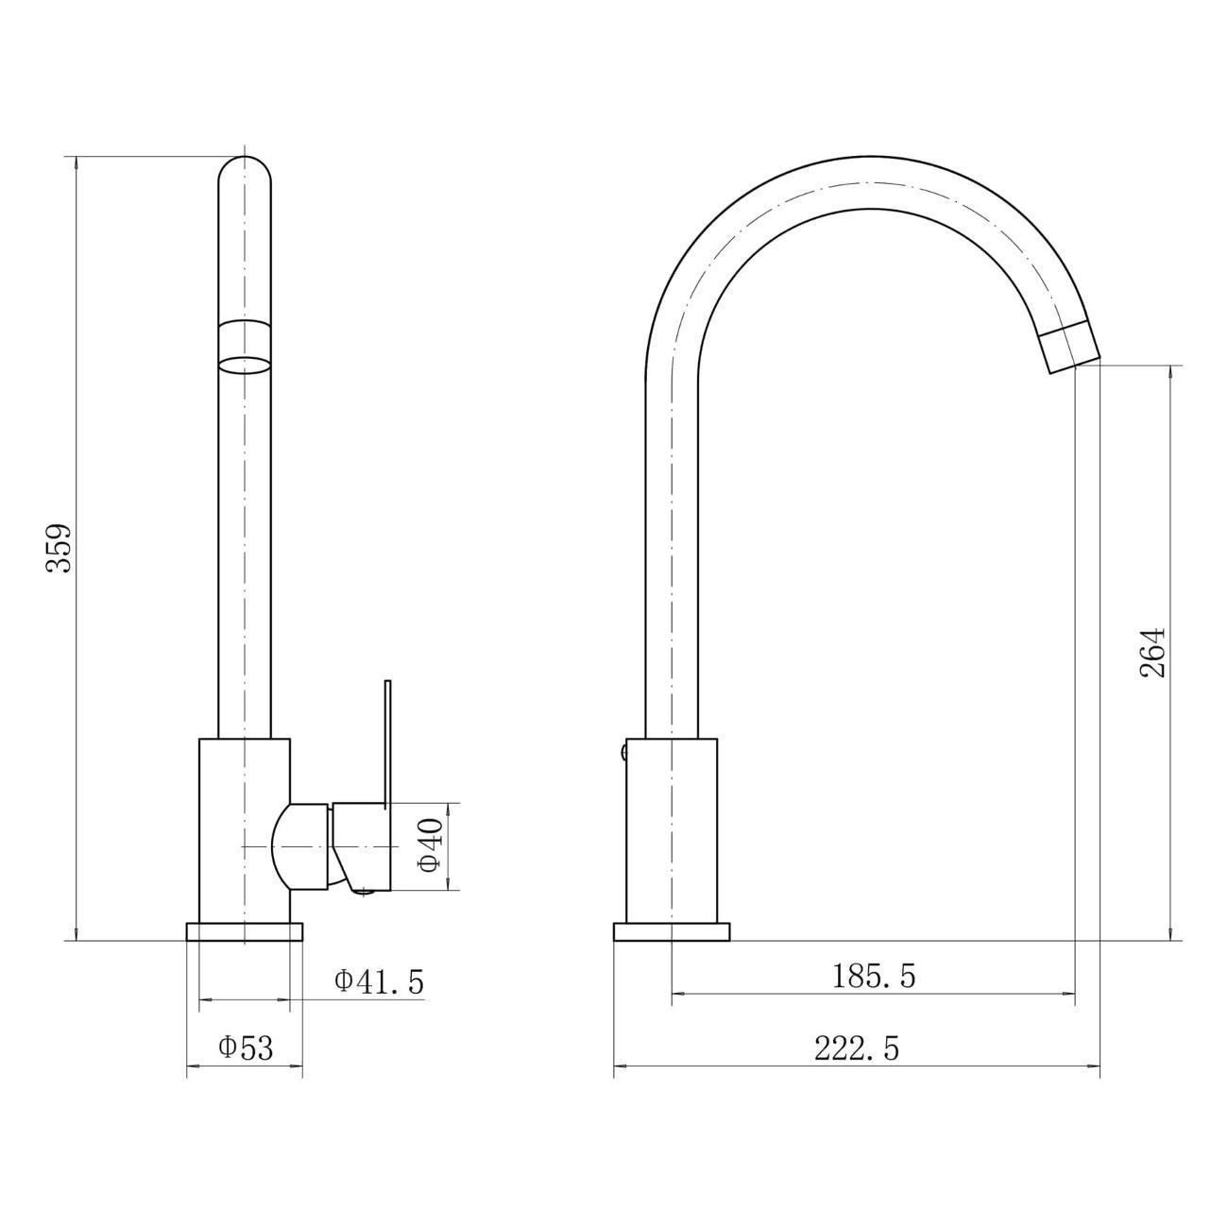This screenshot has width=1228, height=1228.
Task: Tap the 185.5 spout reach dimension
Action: [874, 976]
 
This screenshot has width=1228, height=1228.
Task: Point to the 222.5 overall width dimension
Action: [857, 1049]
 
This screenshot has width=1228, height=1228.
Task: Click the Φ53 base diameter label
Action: [246, 1048]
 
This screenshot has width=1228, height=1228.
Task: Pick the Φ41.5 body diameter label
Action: [379, 982]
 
